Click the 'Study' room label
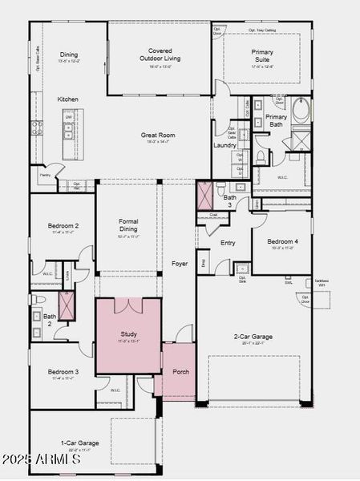pos(129,333)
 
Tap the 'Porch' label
pos(180,372)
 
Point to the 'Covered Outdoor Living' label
pos(160,55)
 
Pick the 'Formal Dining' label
pos(128,225)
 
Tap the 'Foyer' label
pos(180,263)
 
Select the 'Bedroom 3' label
pos(63,372)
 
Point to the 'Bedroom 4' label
pos(281,241)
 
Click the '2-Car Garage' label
pos(253,337)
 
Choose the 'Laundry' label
pos(224,145)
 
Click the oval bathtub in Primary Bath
pos(302,111)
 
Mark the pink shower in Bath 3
pos(205,194)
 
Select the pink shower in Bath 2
pos(66,306)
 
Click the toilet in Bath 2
pos(37,299)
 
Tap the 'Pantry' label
pos(45,173)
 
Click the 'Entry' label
pos(228,243)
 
